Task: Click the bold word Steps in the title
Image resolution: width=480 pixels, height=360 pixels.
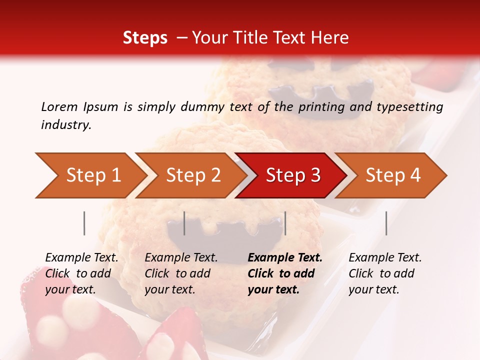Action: click(145, 38)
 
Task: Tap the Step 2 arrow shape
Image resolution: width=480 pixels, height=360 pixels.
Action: click(193, 175)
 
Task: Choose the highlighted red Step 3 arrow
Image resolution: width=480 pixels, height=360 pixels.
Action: click(293, 175)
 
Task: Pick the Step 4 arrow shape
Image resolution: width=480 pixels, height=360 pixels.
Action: click(393, 175)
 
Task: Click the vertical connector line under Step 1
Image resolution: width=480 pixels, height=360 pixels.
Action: click(84, 223)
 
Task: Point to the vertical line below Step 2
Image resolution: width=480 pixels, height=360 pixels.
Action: click(184, 223)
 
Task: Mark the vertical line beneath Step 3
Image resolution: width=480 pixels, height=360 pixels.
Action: click(285, 223)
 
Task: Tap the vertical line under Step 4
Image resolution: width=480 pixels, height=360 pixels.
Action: click(386, 223)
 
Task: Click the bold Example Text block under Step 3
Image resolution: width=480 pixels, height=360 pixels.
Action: click(285, 273)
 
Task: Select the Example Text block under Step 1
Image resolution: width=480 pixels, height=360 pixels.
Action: click(81, 273)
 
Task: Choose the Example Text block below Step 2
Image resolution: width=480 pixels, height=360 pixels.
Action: click(181, 273)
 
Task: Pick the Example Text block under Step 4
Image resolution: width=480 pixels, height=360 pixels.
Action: click(385, 273)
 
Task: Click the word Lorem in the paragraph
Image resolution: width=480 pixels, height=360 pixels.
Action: click(59, 106)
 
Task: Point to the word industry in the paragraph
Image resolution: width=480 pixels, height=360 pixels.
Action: click(66, 125)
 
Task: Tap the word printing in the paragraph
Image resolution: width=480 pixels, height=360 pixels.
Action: click(322, 107)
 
